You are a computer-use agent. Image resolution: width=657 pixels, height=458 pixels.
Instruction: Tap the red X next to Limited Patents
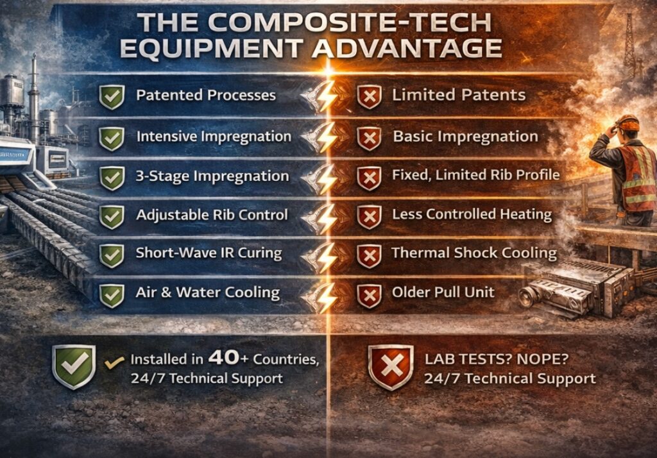tap(368, 97)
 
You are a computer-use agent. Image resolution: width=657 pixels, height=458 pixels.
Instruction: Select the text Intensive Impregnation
tap(214, 137)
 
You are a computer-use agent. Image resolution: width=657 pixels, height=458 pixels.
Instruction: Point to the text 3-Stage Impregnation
tap(212, 176)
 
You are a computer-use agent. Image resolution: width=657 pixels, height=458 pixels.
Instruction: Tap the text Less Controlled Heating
tap(472, 214)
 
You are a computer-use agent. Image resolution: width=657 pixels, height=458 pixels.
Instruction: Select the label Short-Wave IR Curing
tap(209, 253)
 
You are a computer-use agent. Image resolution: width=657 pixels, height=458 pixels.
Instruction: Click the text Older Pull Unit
tap(443, 293)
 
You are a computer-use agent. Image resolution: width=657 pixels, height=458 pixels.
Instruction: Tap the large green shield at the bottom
tap(74, 366)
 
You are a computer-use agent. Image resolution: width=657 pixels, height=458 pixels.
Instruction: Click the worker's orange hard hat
tap(627, 122)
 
